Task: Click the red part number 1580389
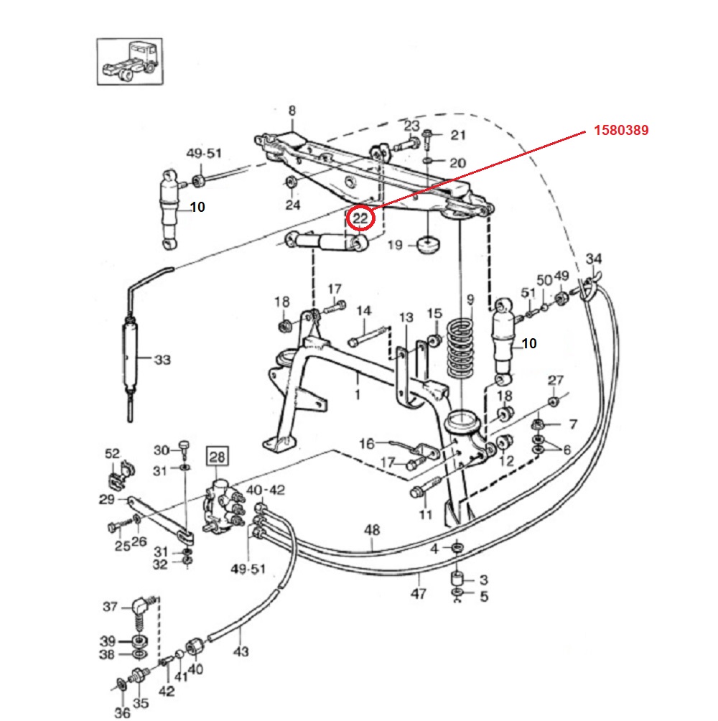point(621,131)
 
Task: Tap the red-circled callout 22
point(360,218)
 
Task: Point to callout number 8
point(292,111)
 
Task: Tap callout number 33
point(162,359)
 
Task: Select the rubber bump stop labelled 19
point(428,245)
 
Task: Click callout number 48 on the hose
point(372,530)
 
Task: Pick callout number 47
point(419,593)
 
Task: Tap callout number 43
point(241,652)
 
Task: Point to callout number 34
point(594,259)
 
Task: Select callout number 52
point(113,453)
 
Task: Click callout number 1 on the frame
point(358,395)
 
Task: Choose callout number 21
point(458,135)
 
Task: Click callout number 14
point(364,311)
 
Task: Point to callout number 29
point(106,499)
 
